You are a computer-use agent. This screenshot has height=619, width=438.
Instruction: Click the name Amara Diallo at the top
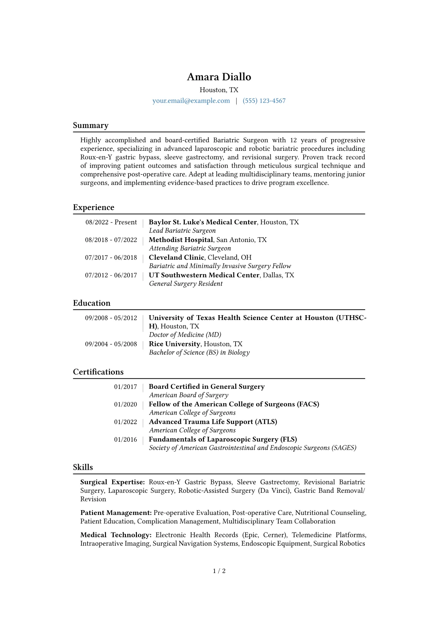click(x=219, y=77)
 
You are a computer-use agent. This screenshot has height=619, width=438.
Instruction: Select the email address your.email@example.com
click(x=191, y=101)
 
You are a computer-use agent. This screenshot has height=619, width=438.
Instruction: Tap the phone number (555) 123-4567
click(x=264, y=101)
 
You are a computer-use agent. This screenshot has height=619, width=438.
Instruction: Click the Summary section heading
click(x=91, y=125)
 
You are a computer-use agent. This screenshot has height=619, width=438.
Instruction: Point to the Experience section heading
click(x=93, y=207)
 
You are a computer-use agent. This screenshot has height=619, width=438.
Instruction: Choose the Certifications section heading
click(x=98, y=372)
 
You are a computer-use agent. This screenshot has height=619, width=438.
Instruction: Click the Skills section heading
click(x=83, y=467)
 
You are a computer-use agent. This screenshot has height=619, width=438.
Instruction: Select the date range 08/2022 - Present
click(x=111, y=222)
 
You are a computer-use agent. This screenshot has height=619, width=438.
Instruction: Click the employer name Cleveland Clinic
click(x=176, y=257)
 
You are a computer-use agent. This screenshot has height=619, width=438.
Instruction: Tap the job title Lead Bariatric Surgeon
click(x=182, y=231)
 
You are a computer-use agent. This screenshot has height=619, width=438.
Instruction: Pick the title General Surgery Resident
click(x=186, y=284)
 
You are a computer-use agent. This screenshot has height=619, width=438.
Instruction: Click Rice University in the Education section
click(x=174, y=344)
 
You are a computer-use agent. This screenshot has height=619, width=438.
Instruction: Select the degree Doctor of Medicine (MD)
click(x=185, y=335)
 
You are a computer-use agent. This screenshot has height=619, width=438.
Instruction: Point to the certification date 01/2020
click(x=125, y=404)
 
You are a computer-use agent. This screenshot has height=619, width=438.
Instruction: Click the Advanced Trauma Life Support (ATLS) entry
click(x=213, y=422)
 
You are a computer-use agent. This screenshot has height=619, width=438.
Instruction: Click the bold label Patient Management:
click(x=116, y=513)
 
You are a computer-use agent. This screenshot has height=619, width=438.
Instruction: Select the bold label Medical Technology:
click(x=116, y=535)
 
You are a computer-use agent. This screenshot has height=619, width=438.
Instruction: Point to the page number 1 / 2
click(x=219, y=571)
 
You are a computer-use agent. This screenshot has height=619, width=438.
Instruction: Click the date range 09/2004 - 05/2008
click(x=111, y=344)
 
